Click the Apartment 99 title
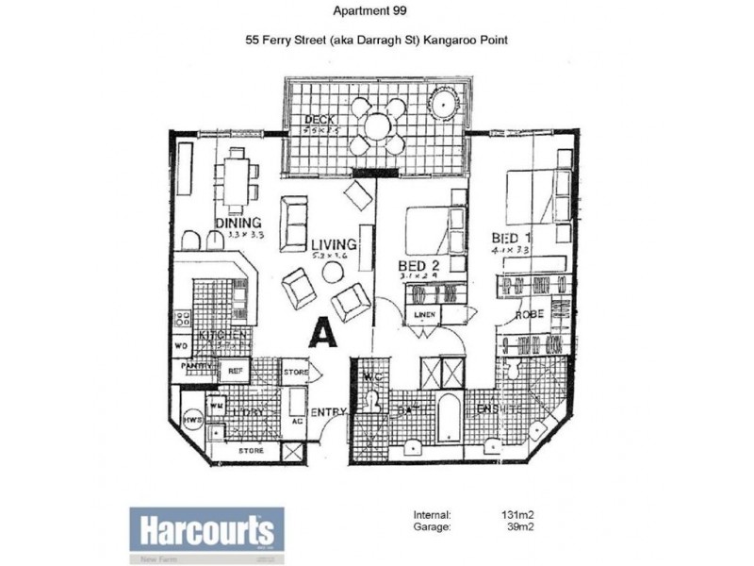(370, 12)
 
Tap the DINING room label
(237, 224)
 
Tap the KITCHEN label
(222, 336)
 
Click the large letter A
(323, 333)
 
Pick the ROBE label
(526, 316)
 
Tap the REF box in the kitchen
(234, 371)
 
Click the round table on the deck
(376, 125)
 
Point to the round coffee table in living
(332, 272)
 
